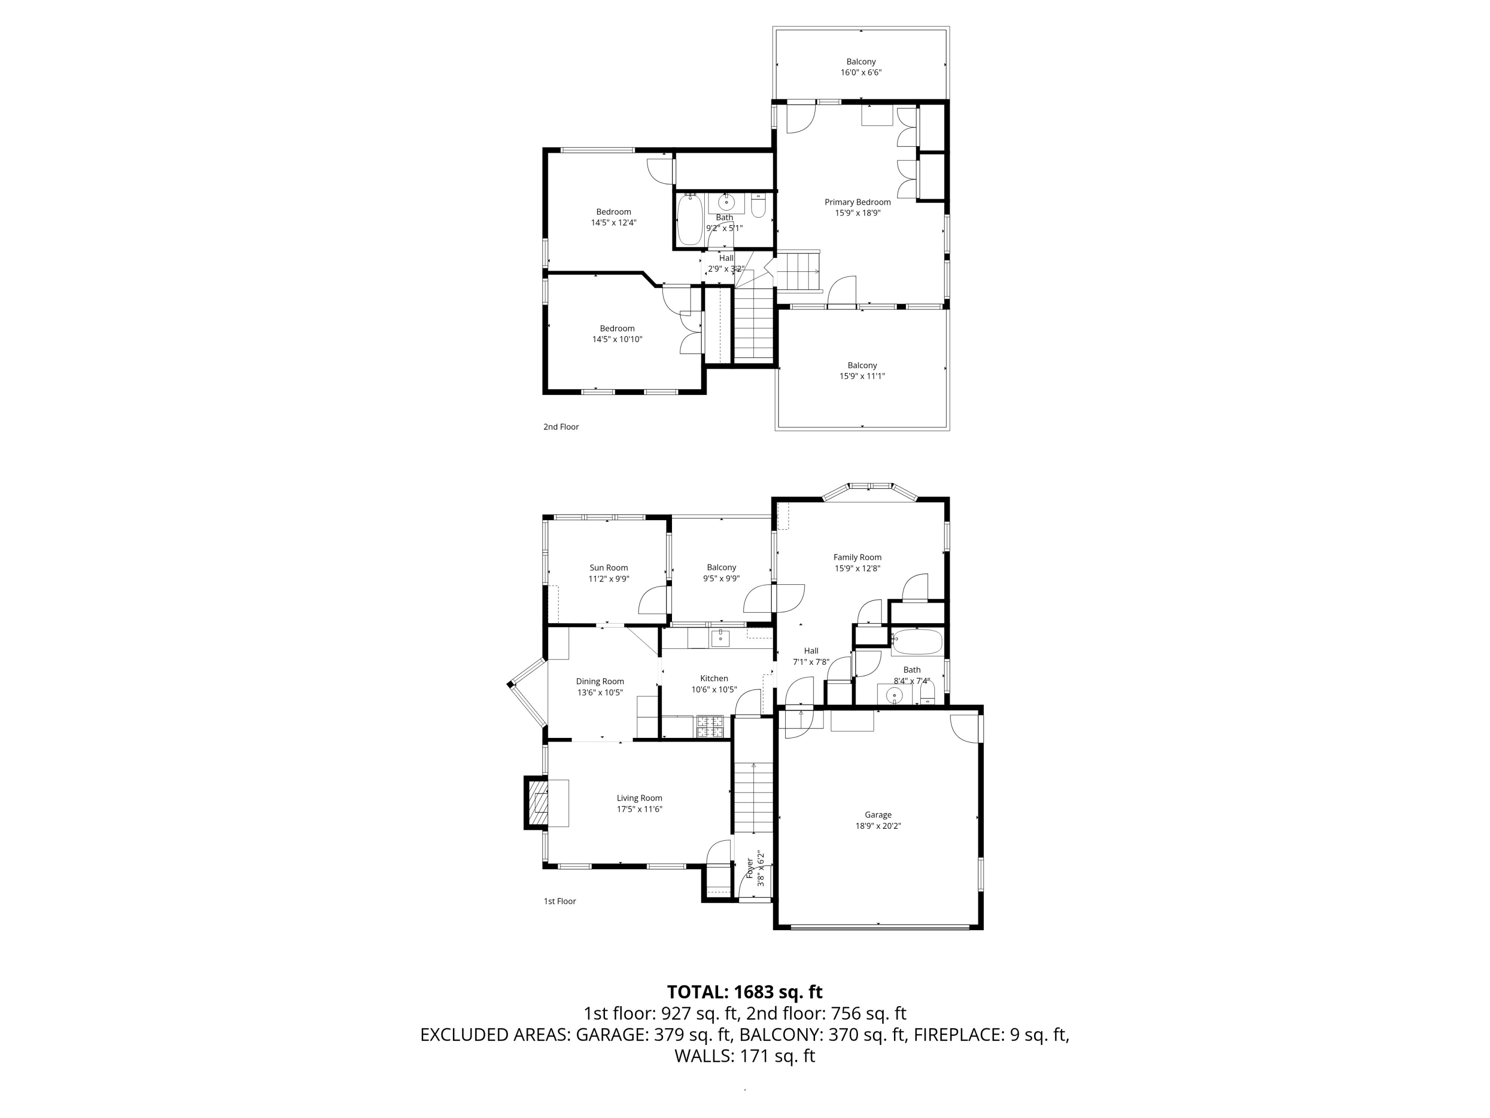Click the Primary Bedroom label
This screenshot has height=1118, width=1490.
click(x=857, y=202)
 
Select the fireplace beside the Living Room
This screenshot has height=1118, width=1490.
click(x=537, y=802)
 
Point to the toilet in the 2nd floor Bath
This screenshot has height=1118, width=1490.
click(x=758, y=206)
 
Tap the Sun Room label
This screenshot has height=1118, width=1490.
click(x=608, y=567)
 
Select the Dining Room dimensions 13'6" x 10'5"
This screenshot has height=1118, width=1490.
click(x=599, y=692)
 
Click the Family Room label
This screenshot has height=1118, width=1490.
click(x=857, y=558)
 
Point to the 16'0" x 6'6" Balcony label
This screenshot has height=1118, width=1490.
click(x=861, y=67)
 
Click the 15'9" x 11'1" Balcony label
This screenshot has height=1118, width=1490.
click(x=862, y=371)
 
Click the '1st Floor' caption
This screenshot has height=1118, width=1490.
click(x=560, y=901)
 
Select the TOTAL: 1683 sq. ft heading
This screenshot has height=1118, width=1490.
click(x=745, y=992)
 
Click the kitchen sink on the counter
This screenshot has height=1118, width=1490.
click(x=720, y=638)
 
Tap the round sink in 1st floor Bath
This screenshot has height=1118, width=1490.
click(x=894, y=695)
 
